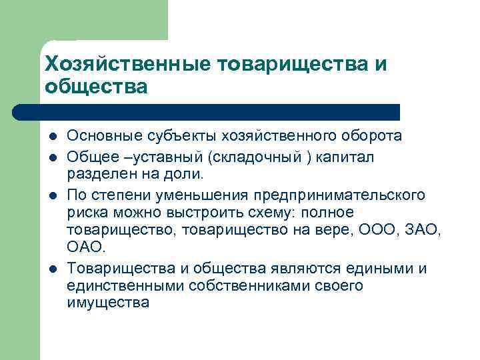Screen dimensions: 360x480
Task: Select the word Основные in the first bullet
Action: point(98,136)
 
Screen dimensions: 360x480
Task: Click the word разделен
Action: point(98,173)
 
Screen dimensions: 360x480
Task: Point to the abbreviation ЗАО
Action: point(422,229)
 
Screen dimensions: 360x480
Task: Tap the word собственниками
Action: point(240,285)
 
